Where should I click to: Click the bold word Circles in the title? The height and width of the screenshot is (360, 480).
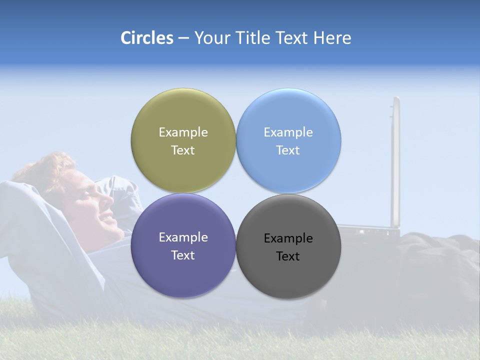pyautogui.click(x=147, y=38)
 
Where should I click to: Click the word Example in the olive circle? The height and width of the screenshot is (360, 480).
pyautogui.click(x=183, y=132)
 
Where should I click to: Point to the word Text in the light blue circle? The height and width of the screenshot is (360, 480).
pyautogui.click(x=288, y=150)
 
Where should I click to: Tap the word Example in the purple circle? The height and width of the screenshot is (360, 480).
pyautogui.click(x=183, y=237)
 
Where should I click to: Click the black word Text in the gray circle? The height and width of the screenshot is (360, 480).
pyautogui.click(x=288, y=256)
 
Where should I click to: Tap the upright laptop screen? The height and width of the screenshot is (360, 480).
pyautogui.click(x=395, y=160)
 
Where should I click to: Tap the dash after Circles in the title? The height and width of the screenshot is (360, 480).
pyautogui.click(x=183, y=38)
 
